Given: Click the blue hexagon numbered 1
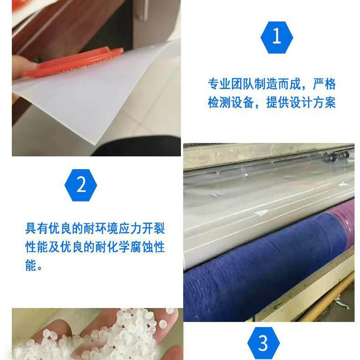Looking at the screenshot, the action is tap(276, 37).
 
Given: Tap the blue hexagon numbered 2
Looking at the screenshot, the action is tap(81, 185).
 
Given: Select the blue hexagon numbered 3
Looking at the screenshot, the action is tap(264, 343).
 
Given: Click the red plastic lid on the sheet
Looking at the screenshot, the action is tap(73, 61).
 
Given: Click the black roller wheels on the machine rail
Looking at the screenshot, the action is tap(337, 156).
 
